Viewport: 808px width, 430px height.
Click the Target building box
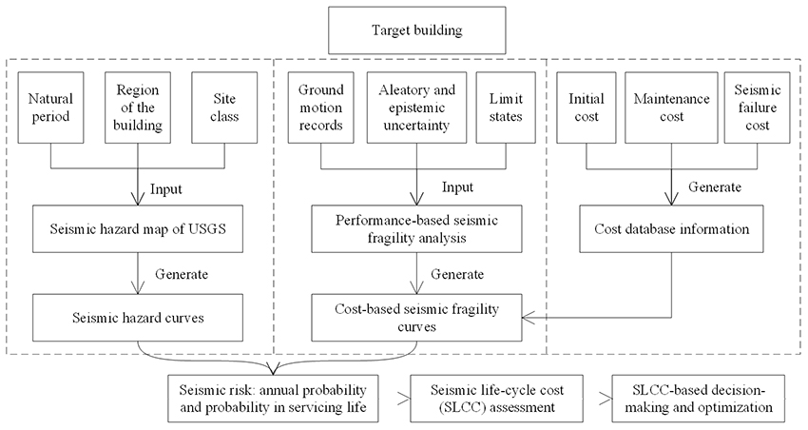404,30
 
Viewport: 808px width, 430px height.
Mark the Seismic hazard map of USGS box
137,229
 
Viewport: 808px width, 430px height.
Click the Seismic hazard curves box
137,316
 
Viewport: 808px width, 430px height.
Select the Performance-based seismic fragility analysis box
416,229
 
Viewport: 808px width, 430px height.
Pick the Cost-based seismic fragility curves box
416,316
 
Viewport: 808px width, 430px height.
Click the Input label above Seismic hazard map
165,188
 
